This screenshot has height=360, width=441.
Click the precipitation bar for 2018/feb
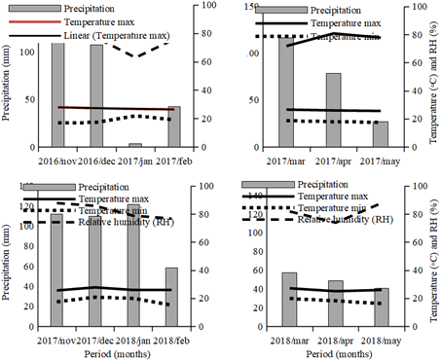click(171, 296)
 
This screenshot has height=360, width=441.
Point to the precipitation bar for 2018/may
click(381, 306)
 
